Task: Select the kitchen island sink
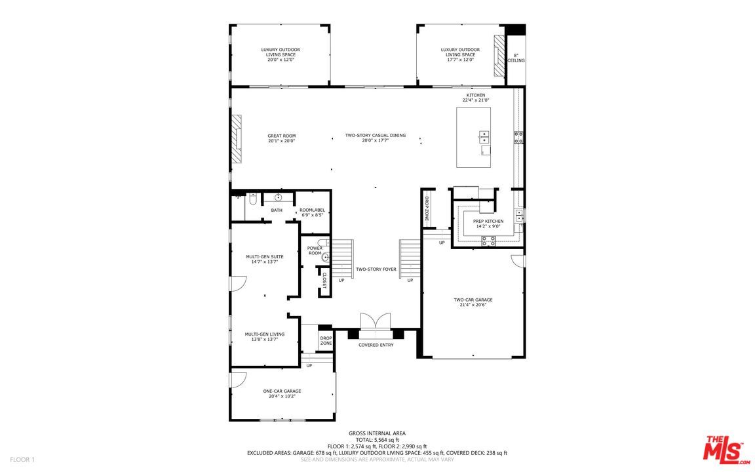(x=484, y=137)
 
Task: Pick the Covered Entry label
(x=376, y=345)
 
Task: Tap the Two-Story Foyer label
(x=376, y=269)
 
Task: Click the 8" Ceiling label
(x=516, y=58)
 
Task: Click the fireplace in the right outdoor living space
(x=500, y=55)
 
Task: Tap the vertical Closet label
(x=324, y=280)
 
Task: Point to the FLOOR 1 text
(x=22, y=460)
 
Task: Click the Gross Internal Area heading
(x=377, y=433)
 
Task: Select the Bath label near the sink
(x=277, y=210)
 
